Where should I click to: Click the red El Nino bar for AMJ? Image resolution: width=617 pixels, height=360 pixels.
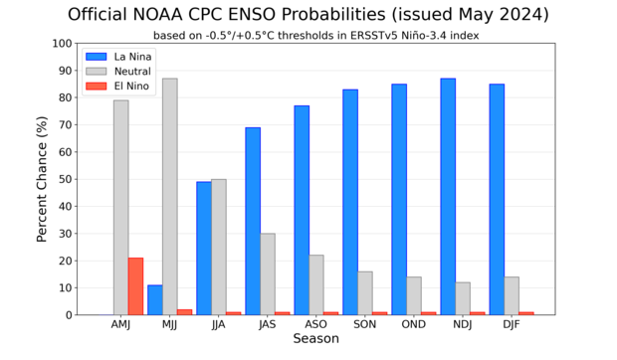point(135,286)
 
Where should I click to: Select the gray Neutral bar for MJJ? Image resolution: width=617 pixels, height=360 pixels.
point(169,197)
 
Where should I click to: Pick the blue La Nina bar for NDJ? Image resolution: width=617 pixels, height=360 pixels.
point(448,197)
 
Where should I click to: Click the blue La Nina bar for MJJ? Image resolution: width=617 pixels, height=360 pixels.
point(154,299)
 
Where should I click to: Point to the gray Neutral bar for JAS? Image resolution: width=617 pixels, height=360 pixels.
point(268,273)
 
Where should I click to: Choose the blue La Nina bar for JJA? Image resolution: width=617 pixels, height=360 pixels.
point(203,249)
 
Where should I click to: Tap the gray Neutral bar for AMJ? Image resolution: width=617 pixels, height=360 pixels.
point(120,208)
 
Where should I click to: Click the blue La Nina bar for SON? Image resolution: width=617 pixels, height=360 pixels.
point(350,202)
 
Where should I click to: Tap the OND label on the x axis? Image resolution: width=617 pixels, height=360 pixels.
point(414,324)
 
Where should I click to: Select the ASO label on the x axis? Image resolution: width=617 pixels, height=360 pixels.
point(316,324)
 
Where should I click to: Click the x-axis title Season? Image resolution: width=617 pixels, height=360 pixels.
point(315,339)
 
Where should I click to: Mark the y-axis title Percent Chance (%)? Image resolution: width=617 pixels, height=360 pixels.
point(43,179)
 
